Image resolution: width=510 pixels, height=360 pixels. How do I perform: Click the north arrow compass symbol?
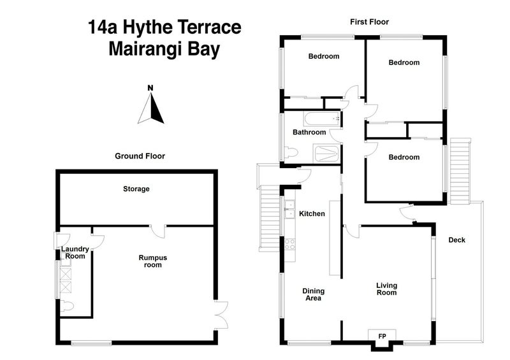[x=151, y=107]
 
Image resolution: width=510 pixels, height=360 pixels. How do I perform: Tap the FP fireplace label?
[x=382, y=336]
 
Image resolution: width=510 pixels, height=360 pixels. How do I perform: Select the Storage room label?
[x=136, y=189]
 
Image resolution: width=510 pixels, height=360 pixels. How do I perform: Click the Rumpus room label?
[x=153, y=261]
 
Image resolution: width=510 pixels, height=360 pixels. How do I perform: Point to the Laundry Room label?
[x=73, y=252]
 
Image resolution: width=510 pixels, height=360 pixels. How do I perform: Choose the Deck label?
[x=456, y=240]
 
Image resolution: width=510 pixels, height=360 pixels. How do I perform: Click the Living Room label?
[x=386, y=289]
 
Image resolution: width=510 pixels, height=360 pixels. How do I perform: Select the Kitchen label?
[x=312, y=214]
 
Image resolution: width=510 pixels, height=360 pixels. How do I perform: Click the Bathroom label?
[x=309, y=133]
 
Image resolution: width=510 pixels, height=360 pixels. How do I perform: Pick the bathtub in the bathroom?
[x=321, y=119]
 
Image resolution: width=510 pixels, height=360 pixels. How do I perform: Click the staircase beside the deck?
[x=459, y=171]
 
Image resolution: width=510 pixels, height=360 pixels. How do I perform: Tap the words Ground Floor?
[x=140, y=155]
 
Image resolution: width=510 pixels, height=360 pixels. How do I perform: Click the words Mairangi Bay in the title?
[x=164, y=50]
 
